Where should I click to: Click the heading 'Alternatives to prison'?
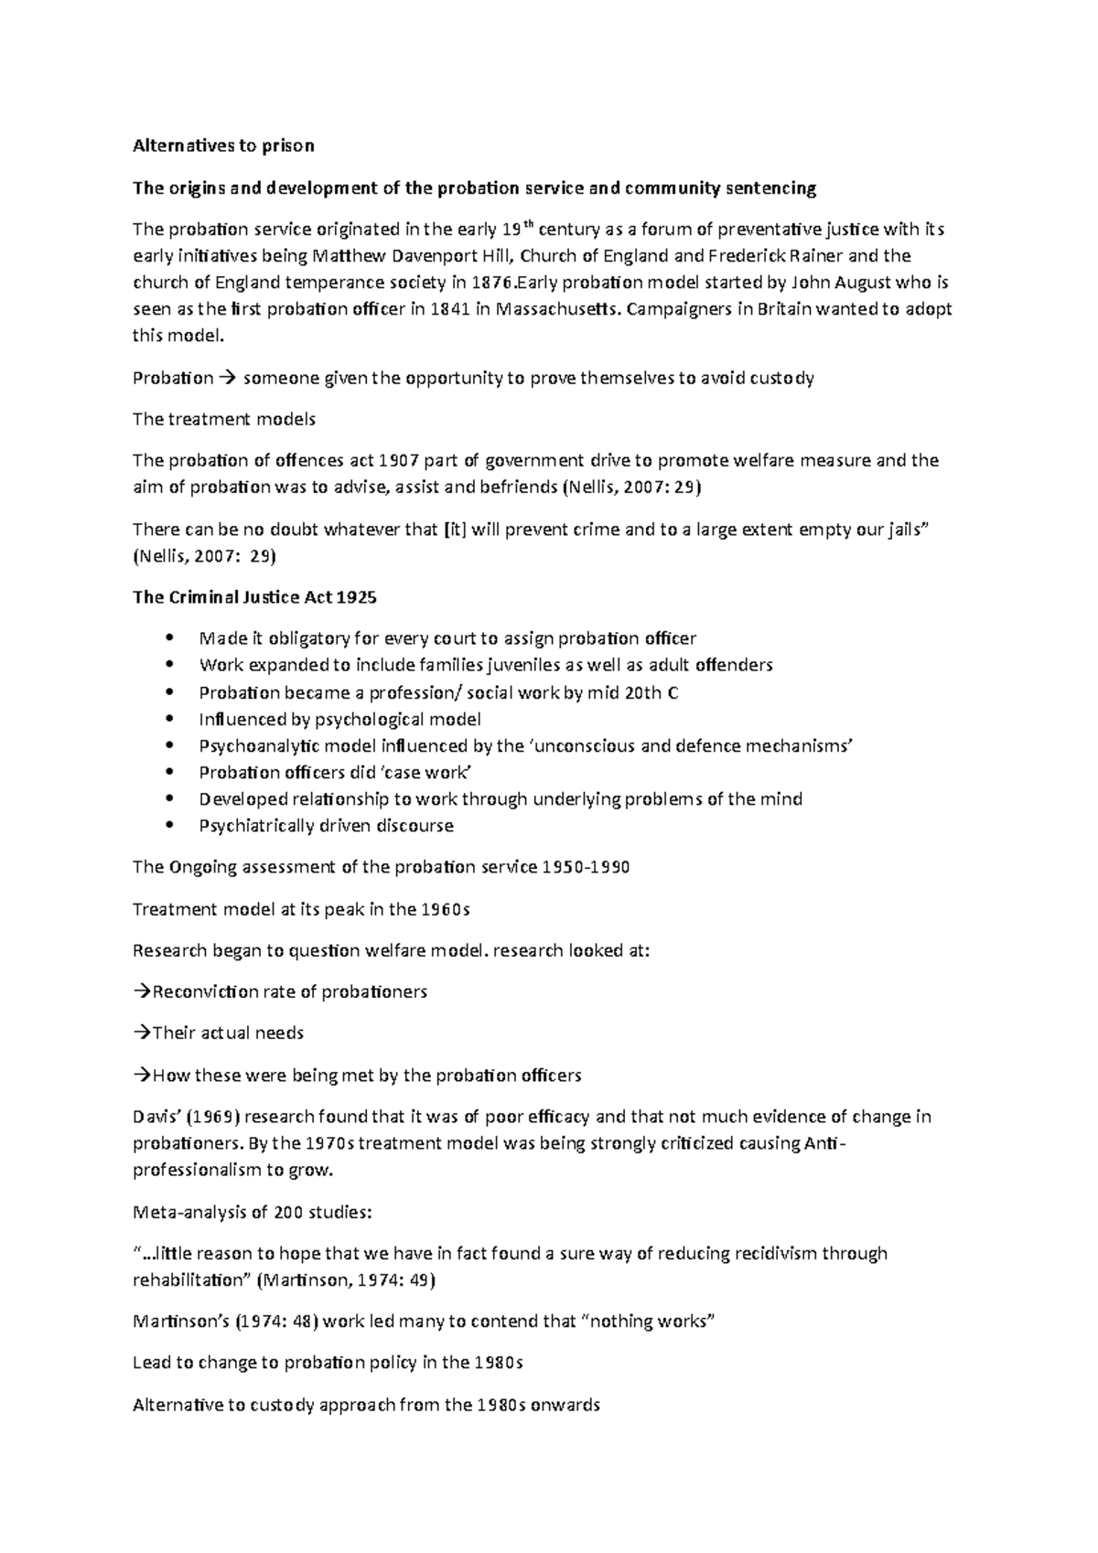click(223, 145)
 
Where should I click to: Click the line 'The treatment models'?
click(223, 420)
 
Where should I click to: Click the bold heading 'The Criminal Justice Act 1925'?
click(254, 597)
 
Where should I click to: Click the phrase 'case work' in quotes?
click(430, 773)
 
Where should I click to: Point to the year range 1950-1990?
click(586, 867)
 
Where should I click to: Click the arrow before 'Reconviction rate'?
click(142, 992)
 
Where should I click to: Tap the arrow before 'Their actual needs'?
click(142, 1034)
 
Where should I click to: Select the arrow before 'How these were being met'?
click(142, 1076)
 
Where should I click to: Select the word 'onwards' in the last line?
click(566, 1405)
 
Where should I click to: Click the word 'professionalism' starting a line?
click(197, 1170)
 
